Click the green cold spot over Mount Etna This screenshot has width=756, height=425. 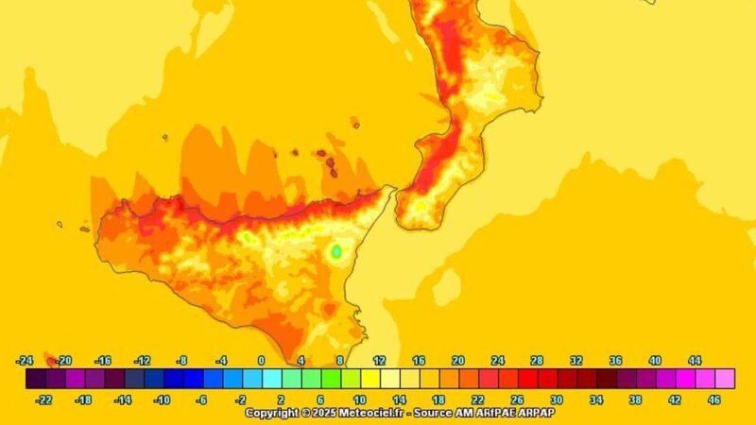(x=335, y=251)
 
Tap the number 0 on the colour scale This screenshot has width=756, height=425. (x=262, y=361)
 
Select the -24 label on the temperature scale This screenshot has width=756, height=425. (x=26, y=361)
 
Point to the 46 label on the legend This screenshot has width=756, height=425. (x=714, y=399)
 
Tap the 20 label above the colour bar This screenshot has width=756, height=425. (x=457, y=361)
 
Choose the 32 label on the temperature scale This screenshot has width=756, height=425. (x=576, y=361)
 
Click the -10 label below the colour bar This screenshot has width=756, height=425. (x=162, y=399)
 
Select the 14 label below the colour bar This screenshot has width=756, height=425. (x=399, y=399)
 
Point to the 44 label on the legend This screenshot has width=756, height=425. (x=694, y=361)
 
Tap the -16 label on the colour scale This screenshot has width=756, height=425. (x=104, y=361)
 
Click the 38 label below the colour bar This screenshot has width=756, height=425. (x=635, y=399)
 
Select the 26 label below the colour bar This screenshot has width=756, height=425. (x=517, y=399)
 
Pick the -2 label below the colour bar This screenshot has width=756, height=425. (x=241, y=399)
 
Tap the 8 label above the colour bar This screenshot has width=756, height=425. (x=340, y=361)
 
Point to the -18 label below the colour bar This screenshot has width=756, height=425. (x=83, y=399)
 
